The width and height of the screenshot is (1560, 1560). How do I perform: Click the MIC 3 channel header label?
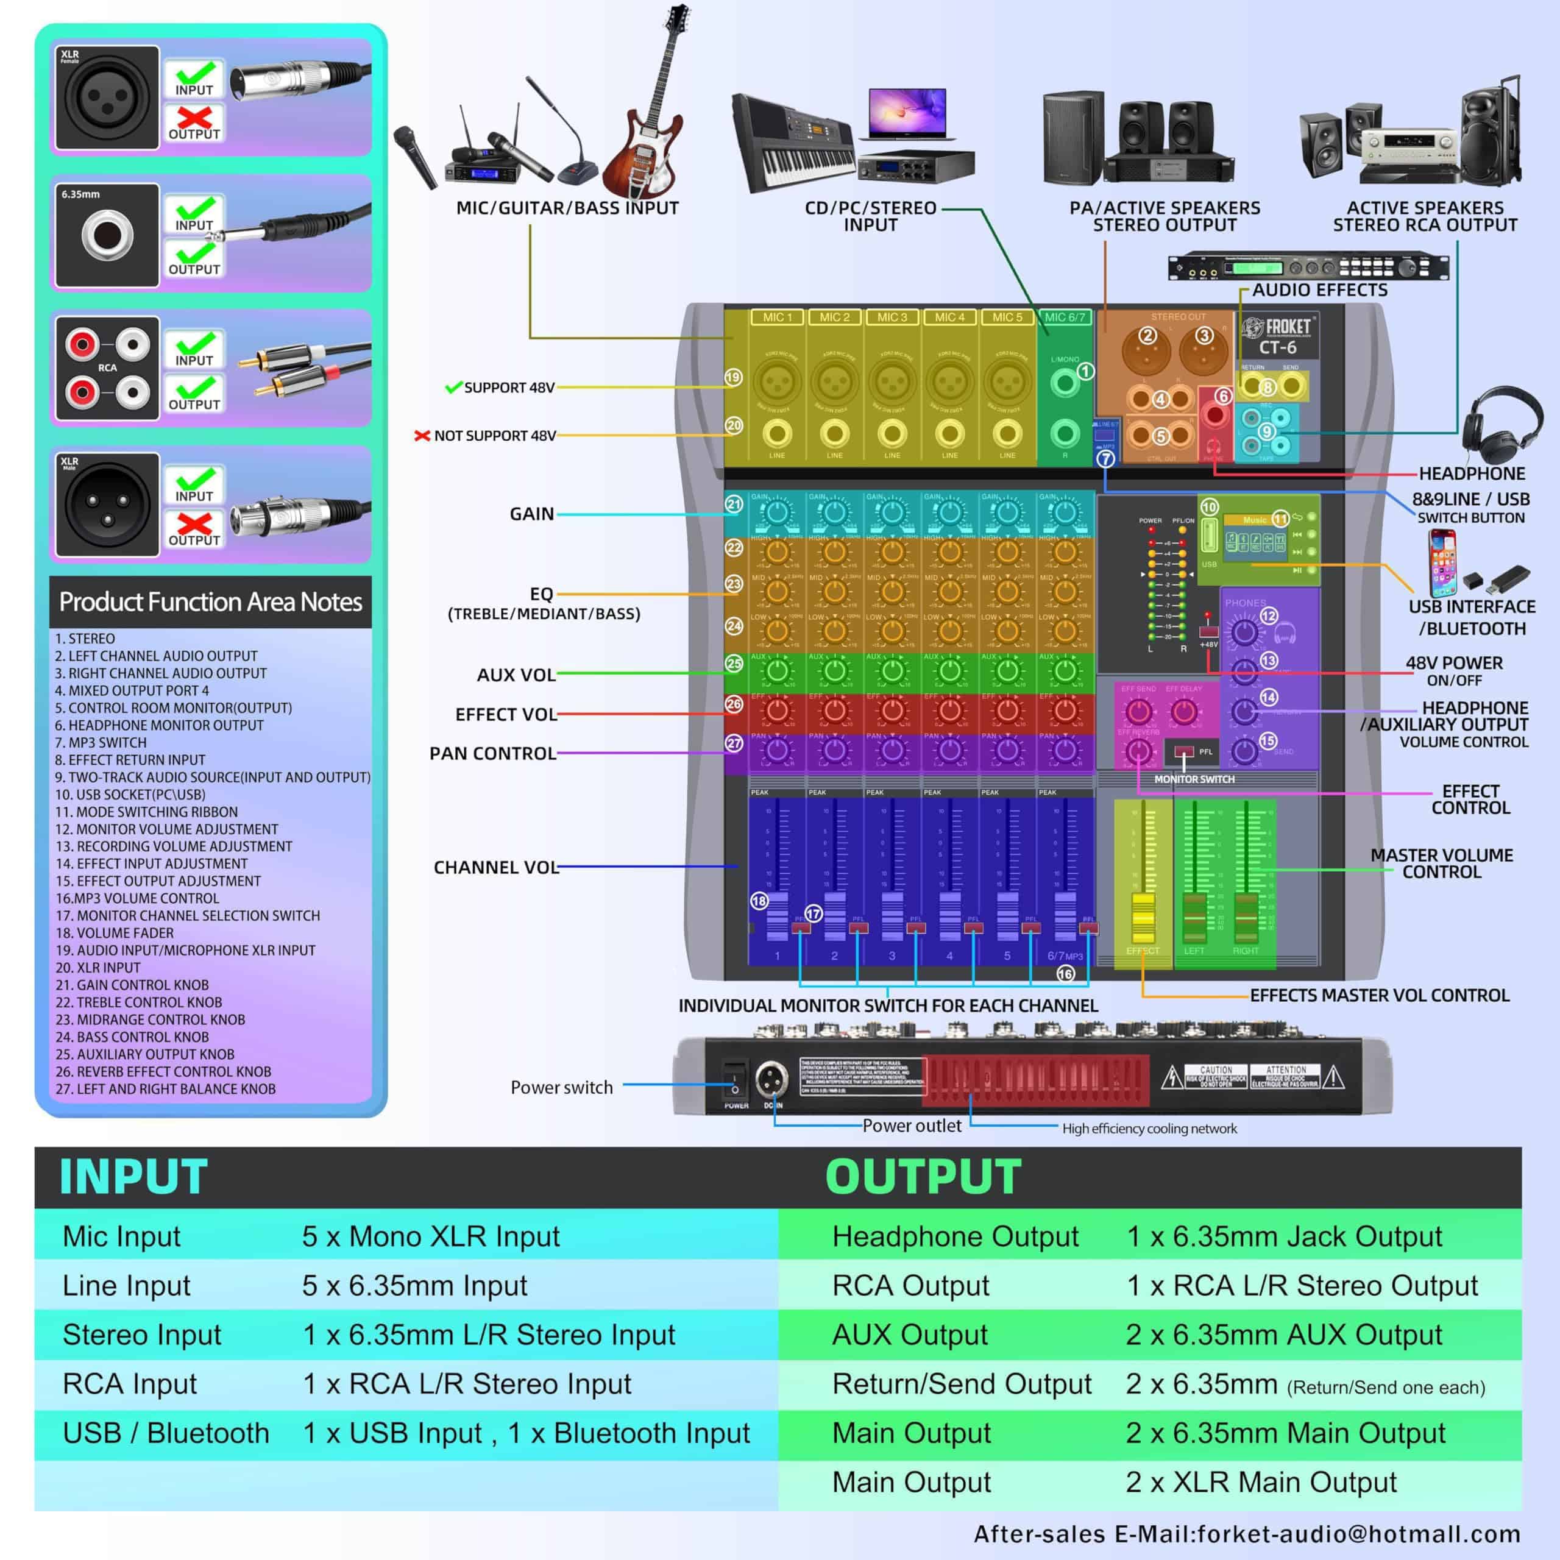pyautogui.click(x=892, y=317)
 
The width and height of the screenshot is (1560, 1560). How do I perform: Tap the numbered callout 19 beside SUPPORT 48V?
pyautogui.click(x=733, y=377)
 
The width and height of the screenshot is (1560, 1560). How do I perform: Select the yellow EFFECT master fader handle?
pyautogui.click(x=1143, y=917)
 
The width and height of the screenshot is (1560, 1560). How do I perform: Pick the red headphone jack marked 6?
pyautogui.click(x=1214, y=416)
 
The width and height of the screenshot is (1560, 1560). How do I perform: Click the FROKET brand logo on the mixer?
pyautogui.click(x=1279, y=327)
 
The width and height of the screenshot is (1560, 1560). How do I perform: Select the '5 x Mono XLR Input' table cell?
pyautogui.click(x=430, y=1236)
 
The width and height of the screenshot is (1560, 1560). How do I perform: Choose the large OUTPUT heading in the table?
pyautogui.click(x=923, y=1177)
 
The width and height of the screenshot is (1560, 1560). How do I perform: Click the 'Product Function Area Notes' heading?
pyautogui.click(x=210, y=601)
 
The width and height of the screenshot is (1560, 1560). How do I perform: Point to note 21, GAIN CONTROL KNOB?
pyautogui.click(x=133, y=985)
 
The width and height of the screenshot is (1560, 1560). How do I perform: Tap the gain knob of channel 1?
pyautogui.click(x=777, y=512)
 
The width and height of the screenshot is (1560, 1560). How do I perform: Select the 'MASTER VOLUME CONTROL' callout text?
pyautogui.click(x=1441, y=863)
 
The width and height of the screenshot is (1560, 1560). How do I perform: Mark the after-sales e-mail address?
pyautogui.click(x=1356, y=1534)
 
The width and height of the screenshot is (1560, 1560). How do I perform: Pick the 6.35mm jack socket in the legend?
pyautogui.click(x=107, y=236)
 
